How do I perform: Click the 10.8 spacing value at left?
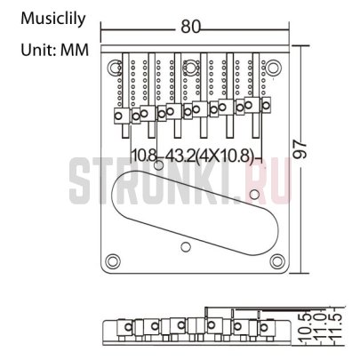[144, 157]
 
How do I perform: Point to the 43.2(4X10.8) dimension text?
[206, 157]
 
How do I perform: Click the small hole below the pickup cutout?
[185, 245]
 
